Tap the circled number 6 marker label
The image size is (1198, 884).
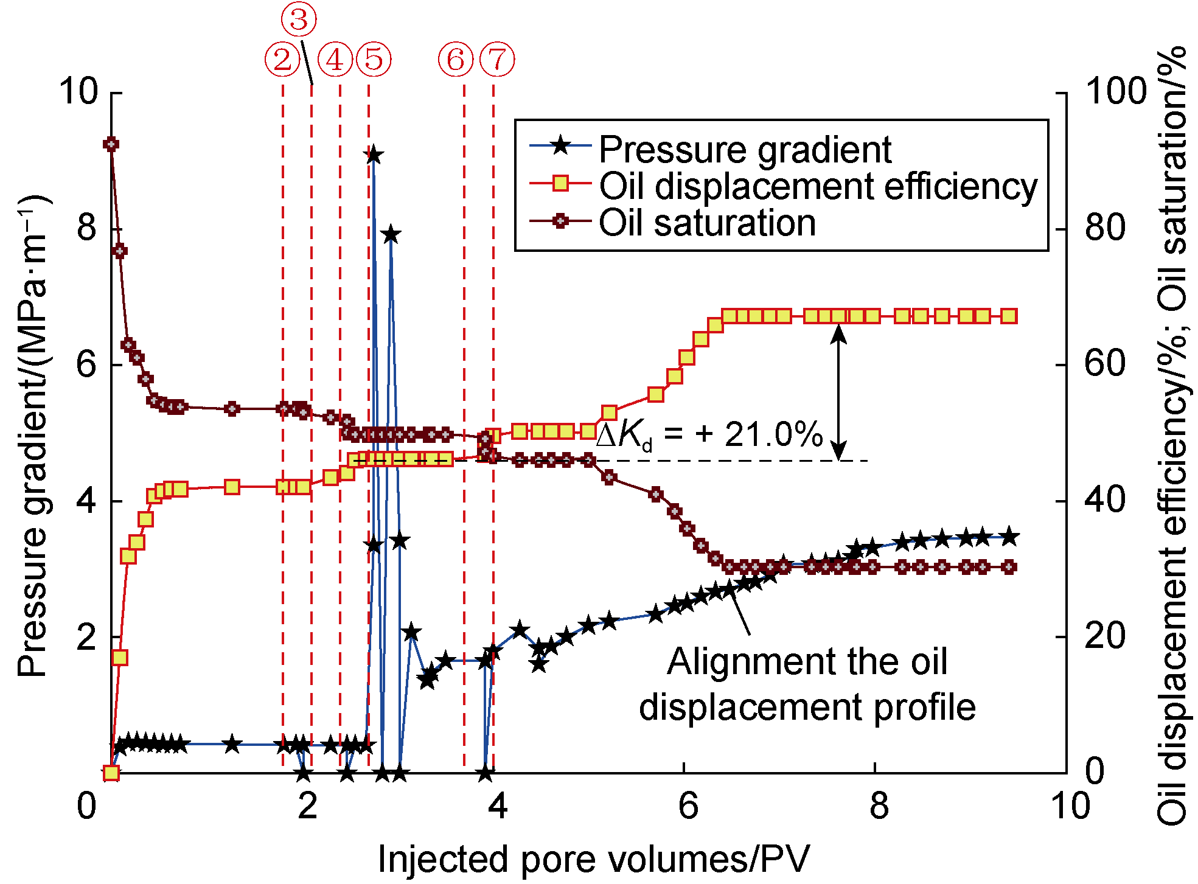click(456, 60)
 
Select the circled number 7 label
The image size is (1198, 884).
click(497, 60)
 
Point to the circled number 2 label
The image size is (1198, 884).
click(282, 60)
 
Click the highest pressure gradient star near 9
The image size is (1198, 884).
click(374, 155)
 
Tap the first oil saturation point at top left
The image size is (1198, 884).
click(111, 144)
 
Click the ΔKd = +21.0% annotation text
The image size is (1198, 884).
click(709, 436)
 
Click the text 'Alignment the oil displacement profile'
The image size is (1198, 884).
click(807, 684)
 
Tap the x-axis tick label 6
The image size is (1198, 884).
click(688, 806)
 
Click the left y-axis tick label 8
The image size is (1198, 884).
click(87, 228)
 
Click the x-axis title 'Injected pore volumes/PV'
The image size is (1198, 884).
click(594, 859)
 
